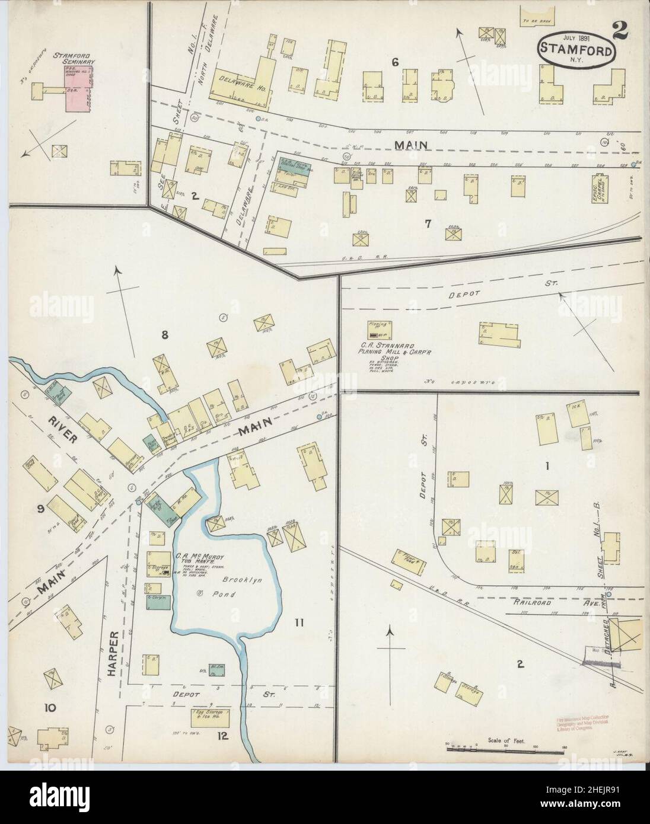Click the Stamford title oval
[x=576, y=50]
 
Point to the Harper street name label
[x=117, y=649]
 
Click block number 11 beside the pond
[x=299, y=622]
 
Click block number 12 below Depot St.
[x=222, y=737]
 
